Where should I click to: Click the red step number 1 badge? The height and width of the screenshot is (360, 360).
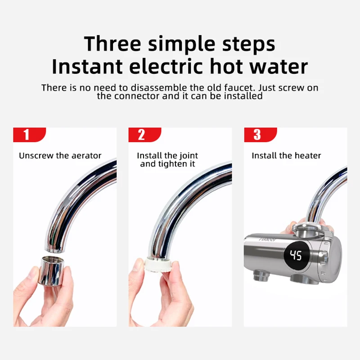click(28, 135)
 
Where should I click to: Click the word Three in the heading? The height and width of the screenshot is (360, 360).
click(113, 44)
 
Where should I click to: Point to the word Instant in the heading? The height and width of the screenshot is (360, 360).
click(87, 67)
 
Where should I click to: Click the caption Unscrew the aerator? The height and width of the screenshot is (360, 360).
click(60, 156)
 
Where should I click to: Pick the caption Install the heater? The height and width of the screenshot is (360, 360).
click(286, 156)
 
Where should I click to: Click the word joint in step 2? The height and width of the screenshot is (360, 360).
click(188, 156)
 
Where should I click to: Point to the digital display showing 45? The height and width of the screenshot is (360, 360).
click(296, 256)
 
